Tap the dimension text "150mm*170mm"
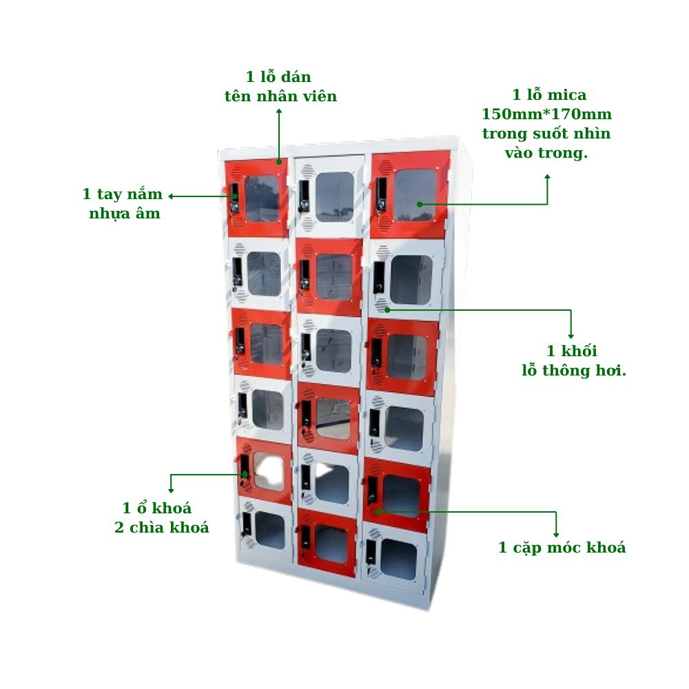[546, 114]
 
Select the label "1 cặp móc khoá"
[562, 548]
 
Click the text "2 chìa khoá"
[162, 527]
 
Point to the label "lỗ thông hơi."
[574, 371]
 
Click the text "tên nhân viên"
[281, 96]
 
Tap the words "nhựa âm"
[124, 214]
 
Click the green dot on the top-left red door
[279, 162]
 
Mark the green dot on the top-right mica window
[420, 205]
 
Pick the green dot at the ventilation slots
[387, 310]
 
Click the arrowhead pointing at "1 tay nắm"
[171, 196]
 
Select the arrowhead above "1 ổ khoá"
[171, 490]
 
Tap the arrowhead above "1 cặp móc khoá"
[556, 535]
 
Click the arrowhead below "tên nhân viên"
[279, 111]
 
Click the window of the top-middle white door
[334, 196]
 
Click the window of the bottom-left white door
[270, 531]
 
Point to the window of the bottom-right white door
[398, 559]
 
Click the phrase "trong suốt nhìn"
[546, 134]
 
